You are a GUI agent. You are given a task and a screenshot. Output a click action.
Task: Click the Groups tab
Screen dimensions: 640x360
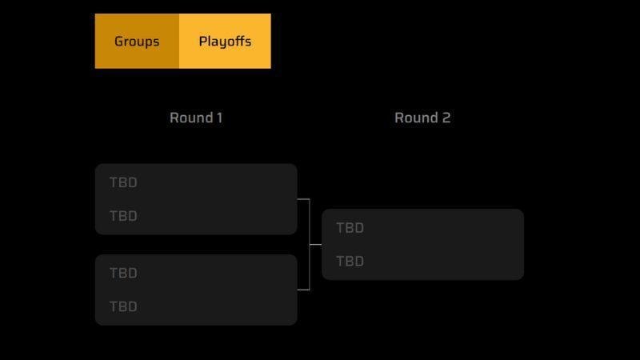click(137, 42)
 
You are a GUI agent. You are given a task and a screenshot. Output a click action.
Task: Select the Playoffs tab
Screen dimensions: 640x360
click(225, 42)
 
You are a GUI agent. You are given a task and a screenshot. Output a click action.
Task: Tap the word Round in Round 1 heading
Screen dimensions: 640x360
click(191, 118)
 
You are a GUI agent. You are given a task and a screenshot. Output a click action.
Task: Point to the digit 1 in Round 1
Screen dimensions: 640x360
click(219, 118)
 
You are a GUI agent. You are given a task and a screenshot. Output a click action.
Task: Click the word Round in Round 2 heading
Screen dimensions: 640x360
click(416, 118)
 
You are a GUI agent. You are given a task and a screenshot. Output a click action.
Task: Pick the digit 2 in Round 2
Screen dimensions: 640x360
click(446, 118)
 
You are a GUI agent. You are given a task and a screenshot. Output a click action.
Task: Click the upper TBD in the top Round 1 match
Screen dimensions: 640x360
click(123, 182)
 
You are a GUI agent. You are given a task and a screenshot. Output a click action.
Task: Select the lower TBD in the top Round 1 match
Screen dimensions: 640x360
click(123, 216)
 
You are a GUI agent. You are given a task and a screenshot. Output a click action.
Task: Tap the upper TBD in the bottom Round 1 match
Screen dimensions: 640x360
click(123, 273)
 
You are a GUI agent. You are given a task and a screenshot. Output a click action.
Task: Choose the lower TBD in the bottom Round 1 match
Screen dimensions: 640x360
click(123, 306)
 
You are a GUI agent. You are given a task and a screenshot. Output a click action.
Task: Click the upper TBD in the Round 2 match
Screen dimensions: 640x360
click(350, 228)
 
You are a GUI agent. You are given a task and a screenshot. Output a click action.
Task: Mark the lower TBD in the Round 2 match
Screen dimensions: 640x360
click(350, 262)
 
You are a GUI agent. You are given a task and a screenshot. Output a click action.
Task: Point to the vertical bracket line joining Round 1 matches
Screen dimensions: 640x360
click(310, 245)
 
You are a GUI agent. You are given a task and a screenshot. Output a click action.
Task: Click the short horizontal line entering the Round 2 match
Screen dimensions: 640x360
click(315, 245)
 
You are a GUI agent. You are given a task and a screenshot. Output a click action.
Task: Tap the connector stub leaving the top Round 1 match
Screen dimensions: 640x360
click(303, 199)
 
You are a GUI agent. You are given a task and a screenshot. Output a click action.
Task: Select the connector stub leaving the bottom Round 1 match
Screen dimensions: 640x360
click(303, 290)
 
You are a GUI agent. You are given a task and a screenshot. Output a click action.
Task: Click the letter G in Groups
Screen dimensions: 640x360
click(118, 42)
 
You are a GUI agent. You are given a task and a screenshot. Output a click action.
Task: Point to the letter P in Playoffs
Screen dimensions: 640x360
click(203, 42)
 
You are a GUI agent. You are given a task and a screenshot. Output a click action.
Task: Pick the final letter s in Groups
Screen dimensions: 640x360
click(156, 42)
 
